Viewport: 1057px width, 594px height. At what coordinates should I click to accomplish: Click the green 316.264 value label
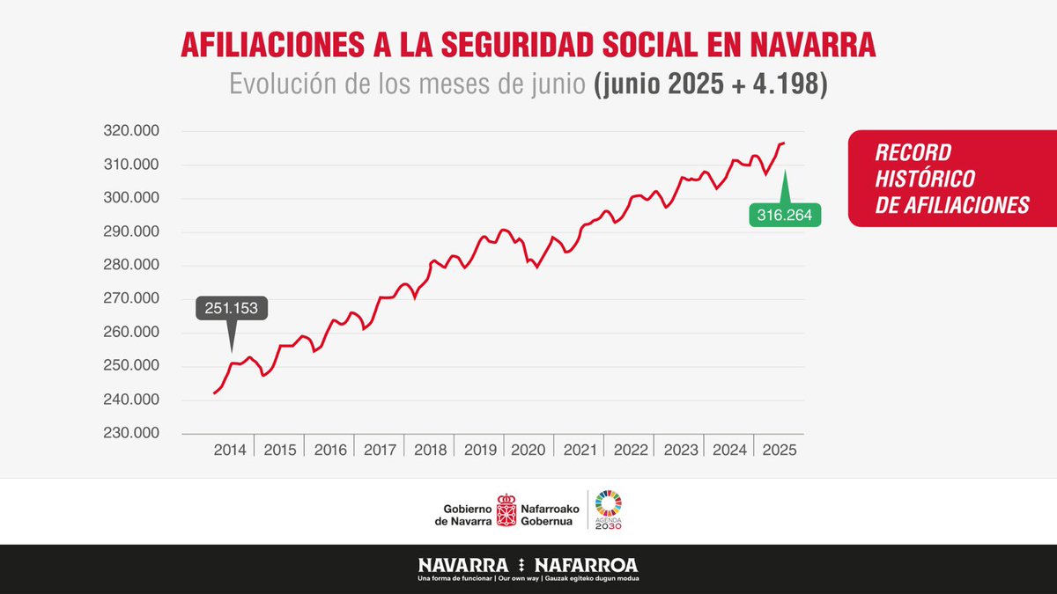coord(785,215)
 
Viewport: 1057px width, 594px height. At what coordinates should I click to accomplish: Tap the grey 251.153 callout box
coord(232,309)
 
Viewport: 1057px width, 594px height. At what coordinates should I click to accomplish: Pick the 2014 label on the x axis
coord(230,449)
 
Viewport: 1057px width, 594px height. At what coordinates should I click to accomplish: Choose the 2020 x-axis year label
coord(529,449)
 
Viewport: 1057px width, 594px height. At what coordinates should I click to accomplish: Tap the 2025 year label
coord(779,449)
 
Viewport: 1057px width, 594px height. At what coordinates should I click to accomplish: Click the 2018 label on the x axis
coord(430,449)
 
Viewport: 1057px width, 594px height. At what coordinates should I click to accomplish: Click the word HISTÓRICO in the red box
coord(925,179)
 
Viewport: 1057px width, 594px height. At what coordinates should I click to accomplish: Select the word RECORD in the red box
coord(913,152)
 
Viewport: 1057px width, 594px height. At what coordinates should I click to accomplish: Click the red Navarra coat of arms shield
coord(506,510)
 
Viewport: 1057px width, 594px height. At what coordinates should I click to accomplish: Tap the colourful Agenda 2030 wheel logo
coord(608,502)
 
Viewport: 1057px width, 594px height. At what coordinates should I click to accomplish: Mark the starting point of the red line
coord(214,393)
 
